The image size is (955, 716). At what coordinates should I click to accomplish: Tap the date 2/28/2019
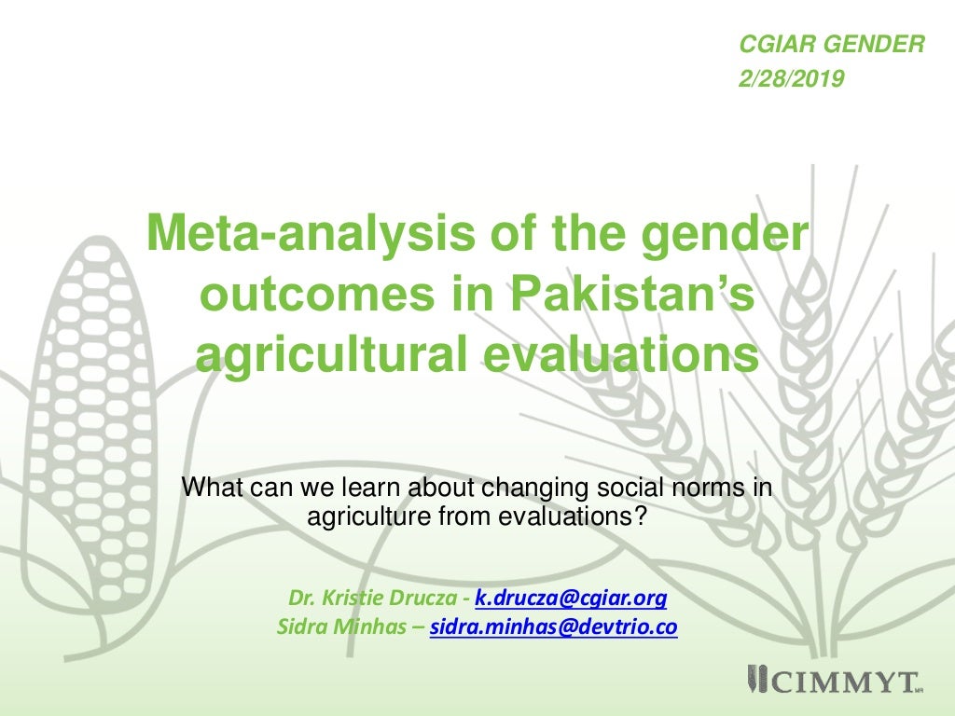pyautogui.click(x=791, y=80)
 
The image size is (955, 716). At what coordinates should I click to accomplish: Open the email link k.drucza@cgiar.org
pyautogui.click(x=571, y=598)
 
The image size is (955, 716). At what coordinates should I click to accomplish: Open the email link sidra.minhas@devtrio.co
pyautogui.click(x=553, y=627)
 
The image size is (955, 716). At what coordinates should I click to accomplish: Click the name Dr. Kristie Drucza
pyautogui.click(x=375, y=598)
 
